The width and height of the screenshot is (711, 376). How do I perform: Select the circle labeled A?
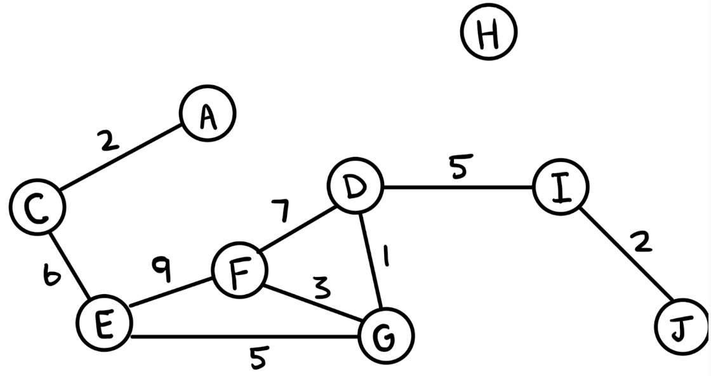pos(208,113)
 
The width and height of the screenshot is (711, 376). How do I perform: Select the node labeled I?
pos(561,188)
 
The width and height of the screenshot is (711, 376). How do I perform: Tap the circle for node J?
pos(681,327)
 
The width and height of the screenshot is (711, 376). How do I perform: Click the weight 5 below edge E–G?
pos(256,358)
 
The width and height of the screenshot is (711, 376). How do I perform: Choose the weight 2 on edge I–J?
pos(642,241)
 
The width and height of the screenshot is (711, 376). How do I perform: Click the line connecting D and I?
pos(457,188)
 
